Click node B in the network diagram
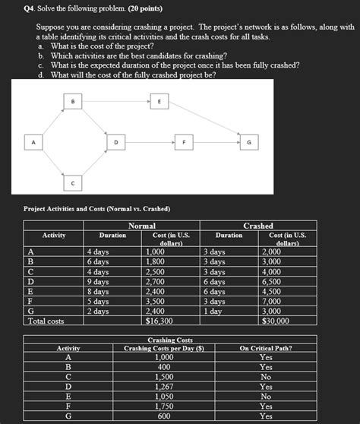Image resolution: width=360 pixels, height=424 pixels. coord(73,101)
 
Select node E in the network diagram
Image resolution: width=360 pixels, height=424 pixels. coord(159,101)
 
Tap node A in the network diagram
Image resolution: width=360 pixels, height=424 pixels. coord(33,142)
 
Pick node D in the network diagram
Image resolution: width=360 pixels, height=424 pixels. coord(115,142)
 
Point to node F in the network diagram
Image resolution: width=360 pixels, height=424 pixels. coord(183,142)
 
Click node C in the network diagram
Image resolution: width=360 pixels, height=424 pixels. coord(73,183)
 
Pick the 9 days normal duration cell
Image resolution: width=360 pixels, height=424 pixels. coord(99,281)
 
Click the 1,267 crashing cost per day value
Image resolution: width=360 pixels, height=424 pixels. coord(163,386)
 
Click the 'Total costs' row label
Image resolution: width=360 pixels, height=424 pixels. coord(46,321)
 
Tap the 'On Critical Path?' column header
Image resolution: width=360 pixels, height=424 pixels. coord(265,348)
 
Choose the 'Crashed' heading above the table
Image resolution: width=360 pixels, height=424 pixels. coord(258,226)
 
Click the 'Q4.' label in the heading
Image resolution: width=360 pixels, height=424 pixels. coord(30,8)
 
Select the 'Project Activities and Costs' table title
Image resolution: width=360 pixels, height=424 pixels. coord(97,208)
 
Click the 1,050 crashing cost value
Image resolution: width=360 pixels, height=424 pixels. coord(163,396)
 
